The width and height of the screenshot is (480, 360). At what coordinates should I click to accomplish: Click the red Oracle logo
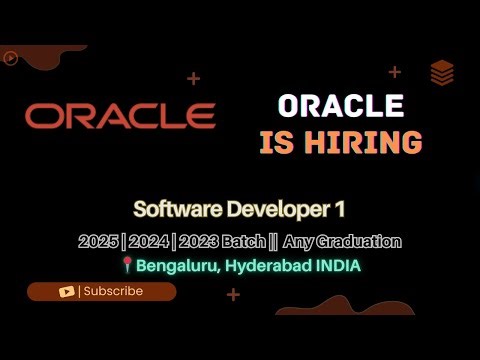[120, 116]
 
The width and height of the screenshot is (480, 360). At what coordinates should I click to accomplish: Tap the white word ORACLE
[340, 106]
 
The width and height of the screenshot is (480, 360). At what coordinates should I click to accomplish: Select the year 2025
[97, 241]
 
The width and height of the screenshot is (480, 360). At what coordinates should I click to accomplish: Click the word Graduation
[357, 241]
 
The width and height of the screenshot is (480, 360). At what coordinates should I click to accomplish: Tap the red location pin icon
[127, 266]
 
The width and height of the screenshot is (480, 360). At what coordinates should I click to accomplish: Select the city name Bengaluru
[178, 266]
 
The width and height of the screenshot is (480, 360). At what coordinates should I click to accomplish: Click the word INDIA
[337, 266]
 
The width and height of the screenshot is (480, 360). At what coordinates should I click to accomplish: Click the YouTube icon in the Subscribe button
[67, 292]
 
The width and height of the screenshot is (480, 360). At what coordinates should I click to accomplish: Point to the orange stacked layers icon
[442, 72]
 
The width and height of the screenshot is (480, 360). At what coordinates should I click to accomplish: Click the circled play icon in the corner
[11, 58]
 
